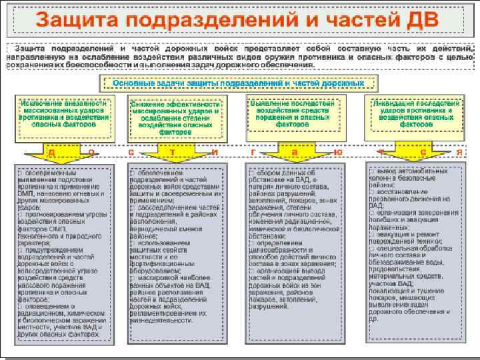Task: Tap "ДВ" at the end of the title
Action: (419, 19)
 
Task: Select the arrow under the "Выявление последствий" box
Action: (293, 150)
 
